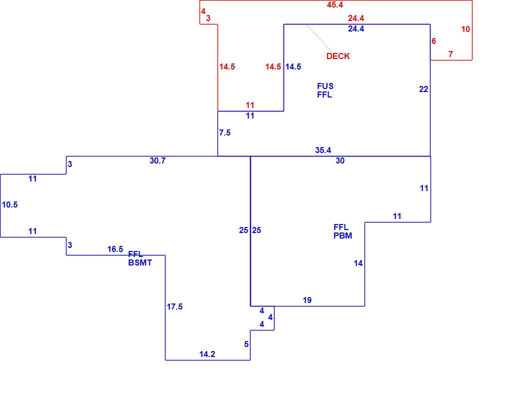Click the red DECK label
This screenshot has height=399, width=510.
[338, 56]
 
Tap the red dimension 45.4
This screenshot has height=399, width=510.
[334, 4]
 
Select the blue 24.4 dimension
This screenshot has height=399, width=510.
[356, 28]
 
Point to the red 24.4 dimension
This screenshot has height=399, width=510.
[356, 18]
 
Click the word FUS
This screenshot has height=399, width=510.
[325, 86]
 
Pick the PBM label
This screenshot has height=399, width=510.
[342, 235]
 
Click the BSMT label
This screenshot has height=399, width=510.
[140, 262]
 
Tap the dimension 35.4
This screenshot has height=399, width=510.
[323, 150]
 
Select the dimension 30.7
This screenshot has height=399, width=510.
[157, 160]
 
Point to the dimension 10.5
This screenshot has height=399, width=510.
[10, 204]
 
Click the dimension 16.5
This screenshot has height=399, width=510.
[115, 249]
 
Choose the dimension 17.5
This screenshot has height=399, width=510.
[174, 306]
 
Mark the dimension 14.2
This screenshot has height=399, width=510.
[207, 354]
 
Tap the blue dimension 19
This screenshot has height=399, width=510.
[307, 300]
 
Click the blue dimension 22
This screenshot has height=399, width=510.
[423, 89]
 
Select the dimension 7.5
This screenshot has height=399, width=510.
[225, 132]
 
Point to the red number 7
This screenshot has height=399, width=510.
[450, 54]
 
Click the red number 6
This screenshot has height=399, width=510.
[433, 41]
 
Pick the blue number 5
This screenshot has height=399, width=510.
[246, 344]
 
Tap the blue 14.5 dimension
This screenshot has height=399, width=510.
[293, 66]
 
